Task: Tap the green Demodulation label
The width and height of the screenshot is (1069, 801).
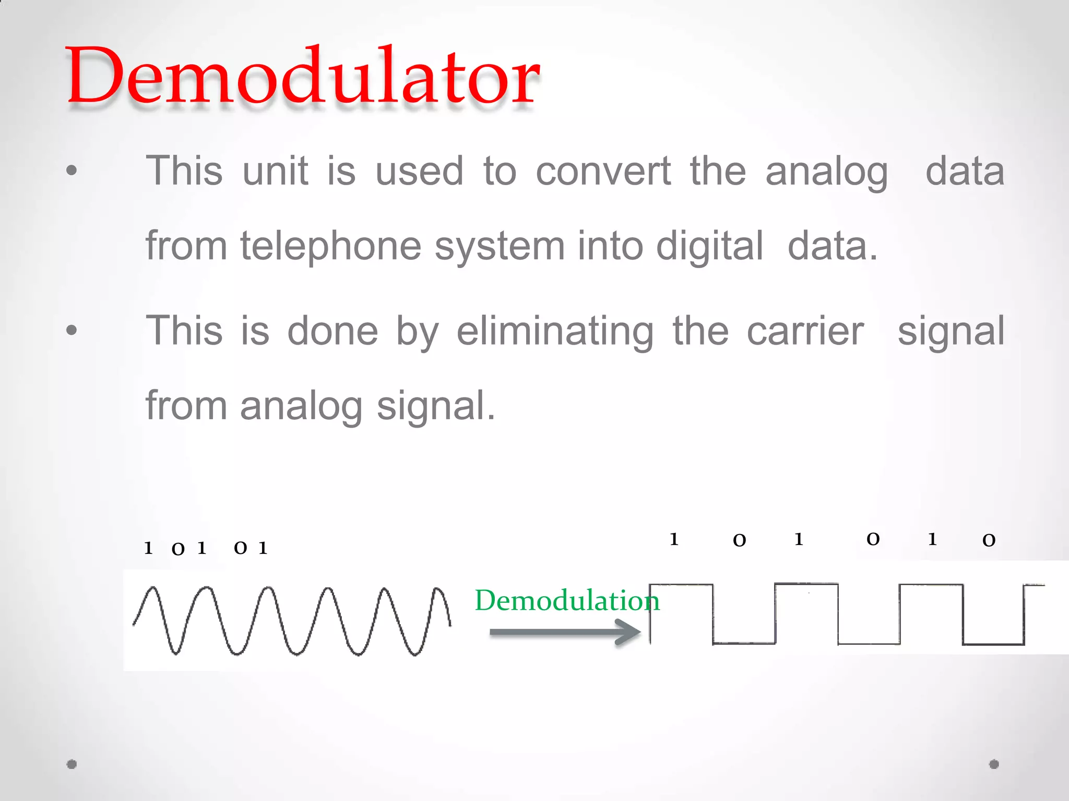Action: tap(567, 600)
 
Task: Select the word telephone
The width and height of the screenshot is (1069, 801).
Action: tap(330, 246)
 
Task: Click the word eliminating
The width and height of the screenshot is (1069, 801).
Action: tap(555, 331)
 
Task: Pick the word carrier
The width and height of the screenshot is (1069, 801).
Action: tap(805, 331)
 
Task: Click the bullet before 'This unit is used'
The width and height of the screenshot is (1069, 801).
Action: tap(72, 170)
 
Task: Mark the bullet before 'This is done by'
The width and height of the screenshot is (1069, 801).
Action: tap(72, 330)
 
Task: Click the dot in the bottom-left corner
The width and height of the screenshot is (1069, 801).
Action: tap(72, 764)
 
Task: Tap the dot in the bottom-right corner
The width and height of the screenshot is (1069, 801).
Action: tap(994, 764)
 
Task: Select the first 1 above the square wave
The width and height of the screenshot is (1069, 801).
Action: tap(674, 539)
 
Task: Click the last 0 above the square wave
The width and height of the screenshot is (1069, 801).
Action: tap(989, 540)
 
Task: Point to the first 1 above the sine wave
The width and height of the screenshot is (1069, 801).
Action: tap(148, 548)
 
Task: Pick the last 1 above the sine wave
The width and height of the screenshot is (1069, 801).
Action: tap(263, 548)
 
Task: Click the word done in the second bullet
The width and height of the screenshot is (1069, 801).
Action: tap(332, 331)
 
